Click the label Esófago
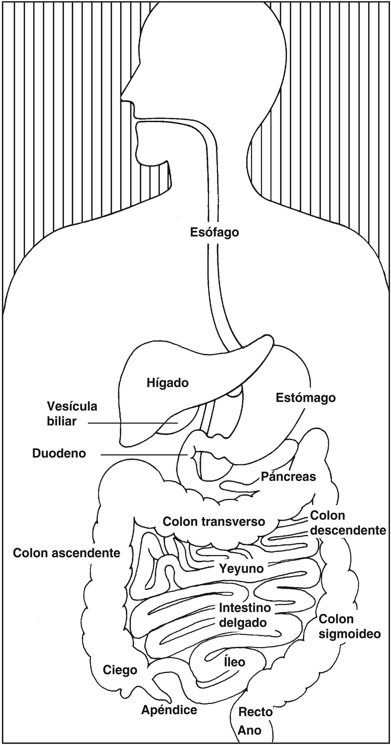click(214, 232)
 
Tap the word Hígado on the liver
click(168, 383)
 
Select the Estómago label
click(306, 398)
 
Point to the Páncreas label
click(288, 477)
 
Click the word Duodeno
click(59, 453)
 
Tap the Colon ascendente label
click(67, 553)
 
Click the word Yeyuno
click(242, 568)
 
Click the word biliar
click(62, 421)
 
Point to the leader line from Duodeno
click(144, 455)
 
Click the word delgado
click(243, 622)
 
